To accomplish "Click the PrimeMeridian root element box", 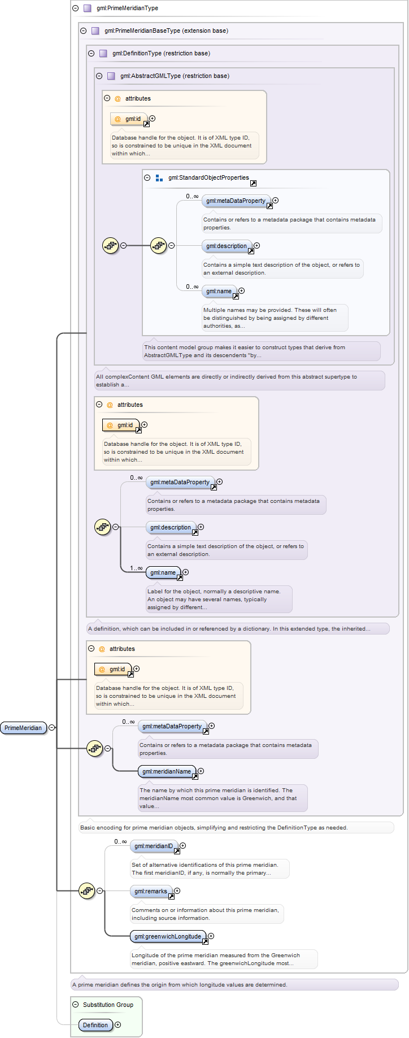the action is [23, 728].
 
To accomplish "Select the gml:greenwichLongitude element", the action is [167, 936].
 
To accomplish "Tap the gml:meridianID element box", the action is [153, 846].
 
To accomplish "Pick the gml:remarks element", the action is [150, 891].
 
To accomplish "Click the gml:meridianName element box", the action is [167, 771].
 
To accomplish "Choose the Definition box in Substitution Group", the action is [95, 1025].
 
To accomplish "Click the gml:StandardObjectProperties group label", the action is [208, 177].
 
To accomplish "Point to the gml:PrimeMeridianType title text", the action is [127, 8].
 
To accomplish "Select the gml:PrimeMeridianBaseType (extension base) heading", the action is [166, 31].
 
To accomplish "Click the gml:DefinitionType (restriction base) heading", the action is [161, 54].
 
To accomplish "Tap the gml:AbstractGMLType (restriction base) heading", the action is [175, 76].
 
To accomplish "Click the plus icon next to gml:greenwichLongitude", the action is [211, 936].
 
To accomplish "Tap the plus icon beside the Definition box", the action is [118, 1025].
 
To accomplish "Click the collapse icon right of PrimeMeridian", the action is [52, 728].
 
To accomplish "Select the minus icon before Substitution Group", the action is [76, 1005].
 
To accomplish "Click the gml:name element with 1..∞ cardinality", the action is [163, 572].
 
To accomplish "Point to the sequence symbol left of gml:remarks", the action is [86, 891].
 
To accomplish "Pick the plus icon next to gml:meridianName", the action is [201, 771].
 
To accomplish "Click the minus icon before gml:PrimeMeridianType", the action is [76, 8].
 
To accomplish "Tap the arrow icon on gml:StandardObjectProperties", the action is [253, 183].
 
